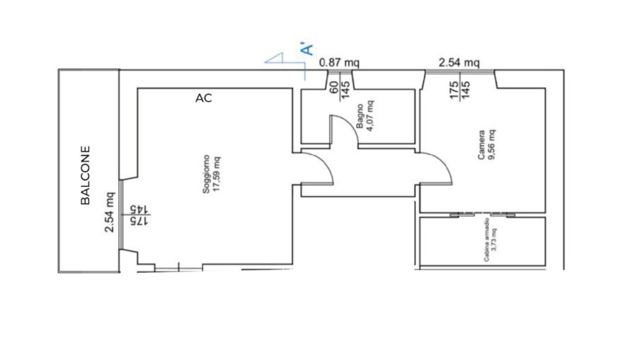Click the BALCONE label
(85, 175)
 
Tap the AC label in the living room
(203, 99)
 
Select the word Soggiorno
(206, 174)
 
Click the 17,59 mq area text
(217, 174)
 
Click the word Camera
(481, 145)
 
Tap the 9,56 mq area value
(492, 145)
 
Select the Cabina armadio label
(487, 240)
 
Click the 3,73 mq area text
(494, 240)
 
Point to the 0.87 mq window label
(339, 63)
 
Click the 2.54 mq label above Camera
(459, 63)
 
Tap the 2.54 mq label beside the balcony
(110, 212)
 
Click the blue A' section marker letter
(307, 48)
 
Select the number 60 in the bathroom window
(334, 87)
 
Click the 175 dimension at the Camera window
(454, 90)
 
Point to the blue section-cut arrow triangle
(274, 58)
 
